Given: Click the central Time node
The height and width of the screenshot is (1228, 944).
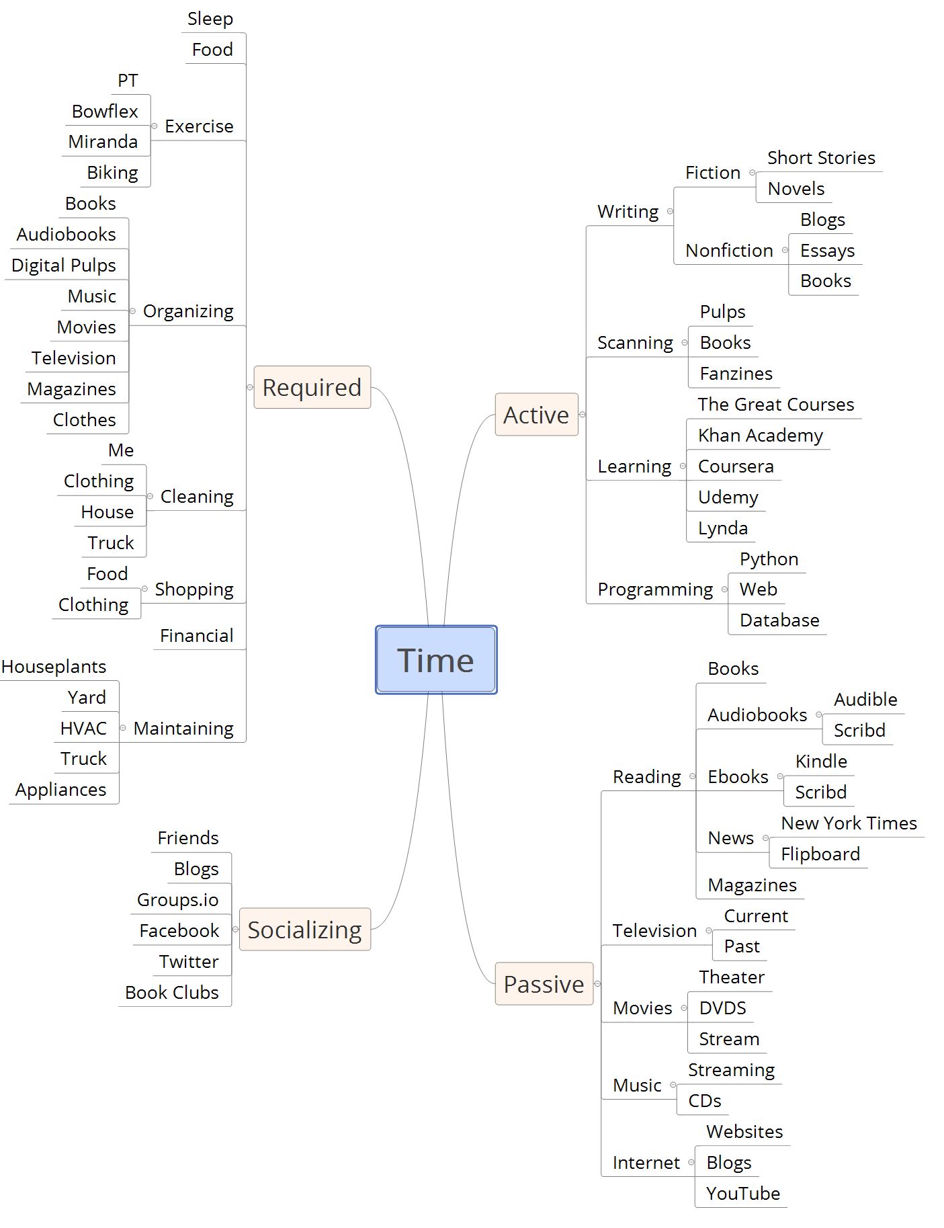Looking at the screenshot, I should coord(435,660).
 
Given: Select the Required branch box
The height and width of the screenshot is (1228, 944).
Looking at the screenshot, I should coord(312,387).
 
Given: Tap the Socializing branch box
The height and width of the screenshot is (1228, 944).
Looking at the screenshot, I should coord(304,930).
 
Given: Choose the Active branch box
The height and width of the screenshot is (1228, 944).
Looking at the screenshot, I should coord(536,415).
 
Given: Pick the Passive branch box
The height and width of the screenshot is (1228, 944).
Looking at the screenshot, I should coord(544,984).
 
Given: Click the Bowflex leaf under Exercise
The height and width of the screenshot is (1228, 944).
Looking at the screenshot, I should coord(105,111).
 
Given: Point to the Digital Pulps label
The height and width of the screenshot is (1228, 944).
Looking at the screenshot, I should coord(64,265).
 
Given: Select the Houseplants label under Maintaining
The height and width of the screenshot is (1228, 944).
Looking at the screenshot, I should coord(54,666).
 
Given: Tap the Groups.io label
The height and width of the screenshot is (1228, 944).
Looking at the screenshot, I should coord(177,899).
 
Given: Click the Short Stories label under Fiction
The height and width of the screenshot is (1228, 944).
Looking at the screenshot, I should coord(821,157).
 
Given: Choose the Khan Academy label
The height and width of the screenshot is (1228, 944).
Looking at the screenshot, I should coord(760,435).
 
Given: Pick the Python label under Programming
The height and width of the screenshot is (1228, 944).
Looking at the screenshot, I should coord(769,559).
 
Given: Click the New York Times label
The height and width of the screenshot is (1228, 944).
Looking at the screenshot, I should coord(849,823).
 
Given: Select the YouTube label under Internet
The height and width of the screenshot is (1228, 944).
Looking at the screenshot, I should coord(742,1193).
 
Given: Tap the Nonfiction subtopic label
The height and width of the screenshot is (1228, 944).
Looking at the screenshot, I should coord(729,250).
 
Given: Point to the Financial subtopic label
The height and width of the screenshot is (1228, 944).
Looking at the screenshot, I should coord(196,635).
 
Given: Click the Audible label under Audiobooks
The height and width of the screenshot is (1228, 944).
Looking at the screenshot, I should coord(865,699).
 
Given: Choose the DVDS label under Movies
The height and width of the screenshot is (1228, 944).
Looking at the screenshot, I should coord(722,1008).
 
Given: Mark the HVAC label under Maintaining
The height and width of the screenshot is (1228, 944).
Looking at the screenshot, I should coord(83,728).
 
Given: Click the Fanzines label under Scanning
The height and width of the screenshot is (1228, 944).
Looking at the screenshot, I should coord(736,373).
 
